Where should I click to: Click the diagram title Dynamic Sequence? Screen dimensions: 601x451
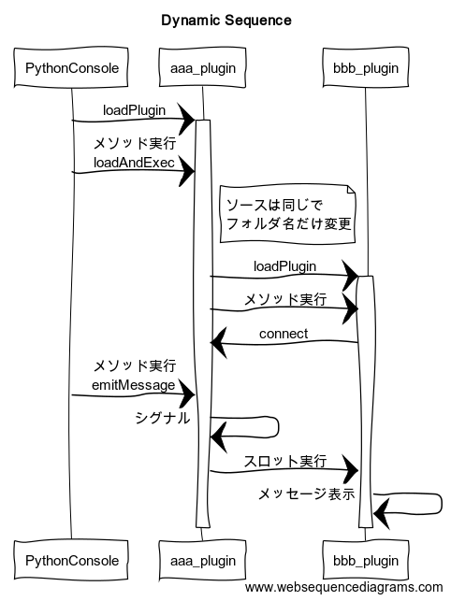point(225,20)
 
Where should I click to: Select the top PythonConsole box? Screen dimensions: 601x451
point(71,67)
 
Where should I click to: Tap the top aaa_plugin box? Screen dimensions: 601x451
point(202,67)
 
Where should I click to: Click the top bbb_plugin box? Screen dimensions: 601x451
point(366,67)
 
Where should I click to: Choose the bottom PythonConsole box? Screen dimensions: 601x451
point(71,561)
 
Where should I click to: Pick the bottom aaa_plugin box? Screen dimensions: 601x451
point(202,561)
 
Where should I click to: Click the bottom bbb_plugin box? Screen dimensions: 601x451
point(366,561)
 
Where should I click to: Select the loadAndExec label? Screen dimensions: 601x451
point(133,162)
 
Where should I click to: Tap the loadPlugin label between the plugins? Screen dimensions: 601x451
point(284,266)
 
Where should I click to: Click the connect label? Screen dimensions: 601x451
point(284,334)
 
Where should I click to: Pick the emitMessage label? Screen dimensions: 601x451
point(133,384)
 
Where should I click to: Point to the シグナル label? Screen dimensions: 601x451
point(160,419)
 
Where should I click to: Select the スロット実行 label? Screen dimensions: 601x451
point(284,461)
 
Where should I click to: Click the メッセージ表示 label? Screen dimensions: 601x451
point(306,494)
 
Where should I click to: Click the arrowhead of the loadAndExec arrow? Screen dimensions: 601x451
point(187,171)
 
